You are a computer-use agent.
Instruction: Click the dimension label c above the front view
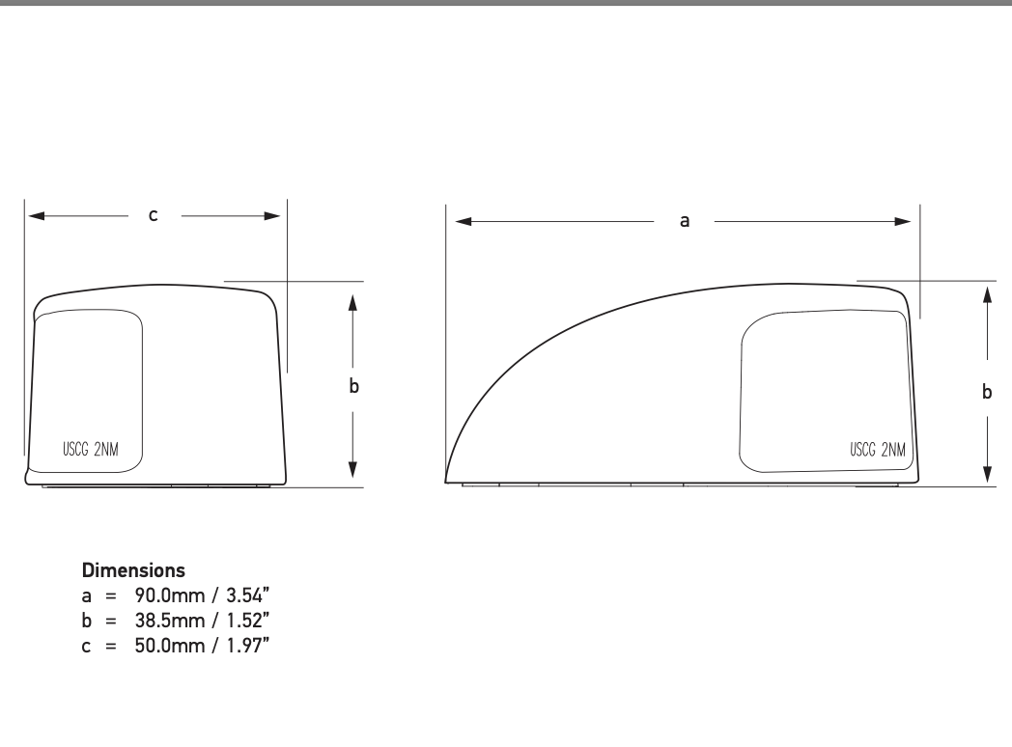[153, 215]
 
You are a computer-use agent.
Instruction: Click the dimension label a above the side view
[685, 221]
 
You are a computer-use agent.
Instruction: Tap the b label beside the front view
[353, 386]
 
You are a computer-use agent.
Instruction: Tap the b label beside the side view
[987, 392]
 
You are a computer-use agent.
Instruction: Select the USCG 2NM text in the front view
[91, 449]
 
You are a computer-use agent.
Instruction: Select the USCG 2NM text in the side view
[878, 450]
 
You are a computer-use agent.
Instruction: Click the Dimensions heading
[133, 570]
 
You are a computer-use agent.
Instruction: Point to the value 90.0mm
[170, 595]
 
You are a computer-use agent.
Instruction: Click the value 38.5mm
[170, 621]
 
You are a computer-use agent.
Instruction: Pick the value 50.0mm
[170, 646]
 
